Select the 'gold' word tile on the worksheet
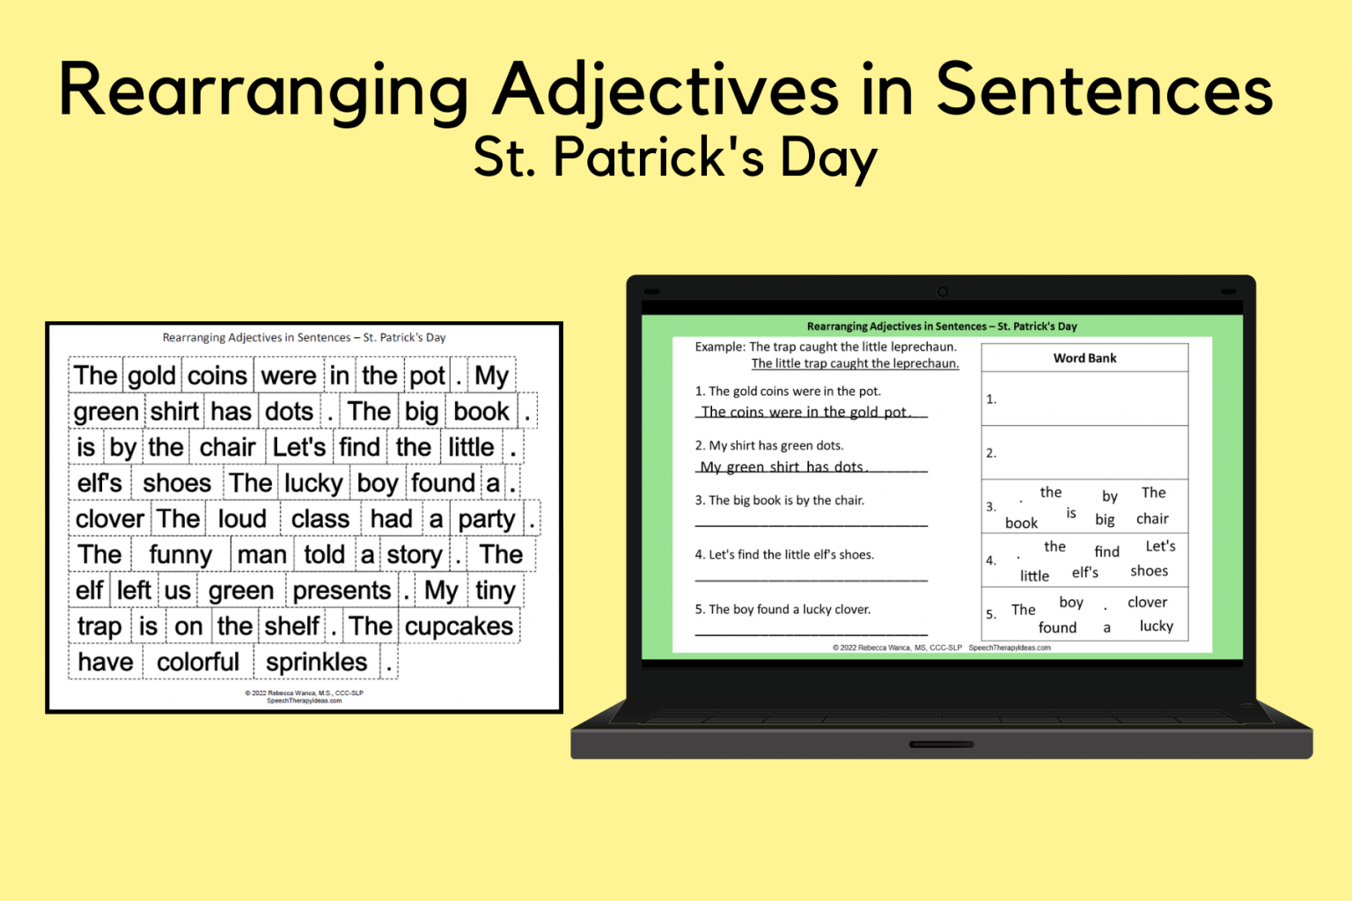point(152,376)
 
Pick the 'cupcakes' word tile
point(459,626)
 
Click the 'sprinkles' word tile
point(317,663)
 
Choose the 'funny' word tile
point(180,555)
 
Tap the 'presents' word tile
point(342,590)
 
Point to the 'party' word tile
point(487,519)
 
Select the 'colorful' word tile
point(197,663)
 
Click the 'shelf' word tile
point(291,626)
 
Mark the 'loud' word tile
point(242,519)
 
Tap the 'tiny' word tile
point(495,590)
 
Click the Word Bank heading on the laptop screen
point(1084,358)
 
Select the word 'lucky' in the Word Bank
point(1156,626)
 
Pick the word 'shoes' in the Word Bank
point(1149,571)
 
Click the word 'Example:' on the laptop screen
point(720,347)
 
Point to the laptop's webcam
point(942,291)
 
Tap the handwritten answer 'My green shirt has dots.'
point(783,467)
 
